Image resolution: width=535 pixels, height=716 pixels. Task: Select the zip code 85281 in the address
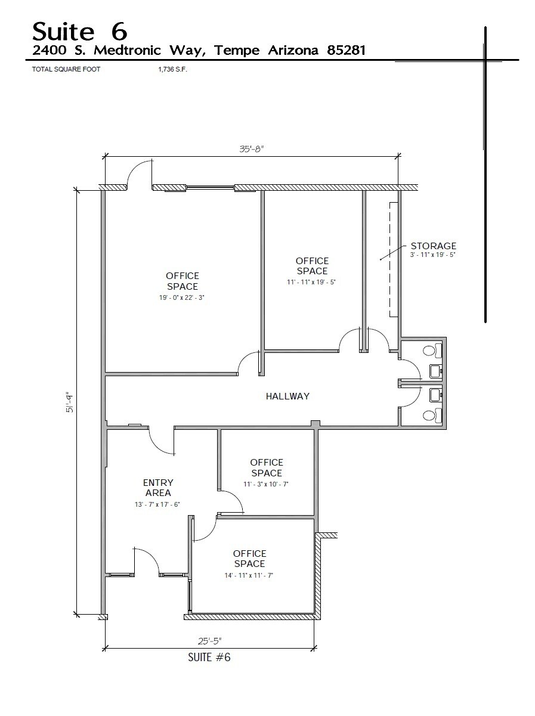[346, 51]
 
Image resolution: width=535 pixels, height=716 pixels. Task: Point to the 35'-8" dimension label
[251, 150]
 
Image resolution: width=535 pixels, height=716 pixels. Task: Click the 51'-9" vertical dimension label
[70, 402]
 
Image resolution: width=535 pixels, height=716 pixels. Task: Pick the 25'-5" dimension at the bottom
[209, 641]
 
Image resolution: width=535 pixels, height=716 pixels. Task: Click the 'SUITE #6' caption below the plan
[209, 658]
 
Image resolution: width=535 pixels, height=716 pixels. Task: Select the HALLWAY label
[287, 396]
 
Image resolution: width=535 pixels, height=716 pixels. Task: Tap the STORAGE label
[433, 246]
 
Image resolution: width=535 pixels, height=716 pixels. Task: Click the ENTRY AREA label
[157, 488]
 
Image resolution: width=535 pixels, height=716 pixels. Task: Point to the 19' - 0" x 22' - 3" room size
[183, 297]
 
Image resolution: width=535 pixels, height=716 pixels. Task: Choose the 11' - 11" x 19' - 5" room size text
[312, 282]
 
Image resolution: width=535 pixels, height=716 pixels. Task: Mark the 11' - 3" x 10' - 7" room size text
[266, 484]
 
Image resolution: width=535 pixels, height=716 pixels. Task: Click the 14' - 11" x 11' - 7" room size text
[249, 575]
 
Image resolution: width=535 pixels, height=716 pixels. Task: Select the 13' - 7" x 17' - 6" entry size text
[157, 504]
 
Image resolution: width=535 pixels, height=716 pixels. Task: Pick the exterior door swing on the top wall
[140, 174]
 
